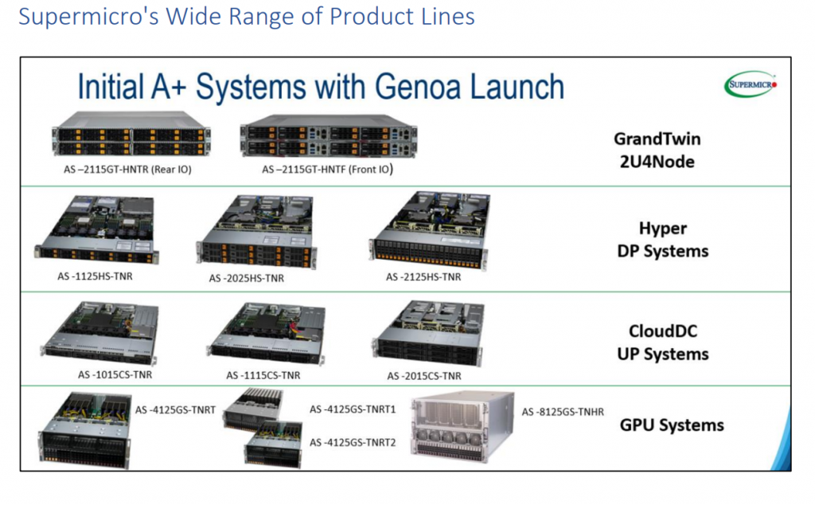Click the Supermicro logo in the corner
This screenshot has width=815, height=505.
[x=750, y=84]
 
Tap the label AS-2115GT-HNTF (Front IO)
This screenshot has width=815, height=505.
[x=328, y=170]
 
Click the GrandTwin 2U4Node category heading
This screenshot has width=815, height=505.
[x=657, y=149]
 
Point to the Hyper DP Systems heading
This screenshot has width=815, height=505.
[x=662, y=240]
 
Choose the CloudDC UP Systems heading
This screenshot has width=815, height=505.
[x=662, y=343]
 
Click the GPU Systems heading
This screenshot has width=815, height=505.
[x=672, y=425]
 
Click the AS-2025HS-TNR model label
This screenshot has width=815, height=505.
[x=247, y=279]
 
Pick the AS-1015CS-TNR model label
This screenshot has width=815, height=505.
[x=115, y=374]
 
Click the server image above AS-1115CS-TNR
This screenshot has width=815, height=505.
[x=266, y=331]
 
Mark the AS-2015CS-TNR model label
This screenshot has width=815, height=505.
[x=423, y=375]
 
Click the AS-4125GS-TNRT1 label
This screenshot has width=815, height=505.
[x=352, y=409]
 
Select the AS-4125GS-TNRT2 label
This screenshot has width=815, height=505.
[x=352, y=442]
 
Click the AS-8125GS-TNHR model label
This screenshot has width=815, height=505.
[x=563, y=412]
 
